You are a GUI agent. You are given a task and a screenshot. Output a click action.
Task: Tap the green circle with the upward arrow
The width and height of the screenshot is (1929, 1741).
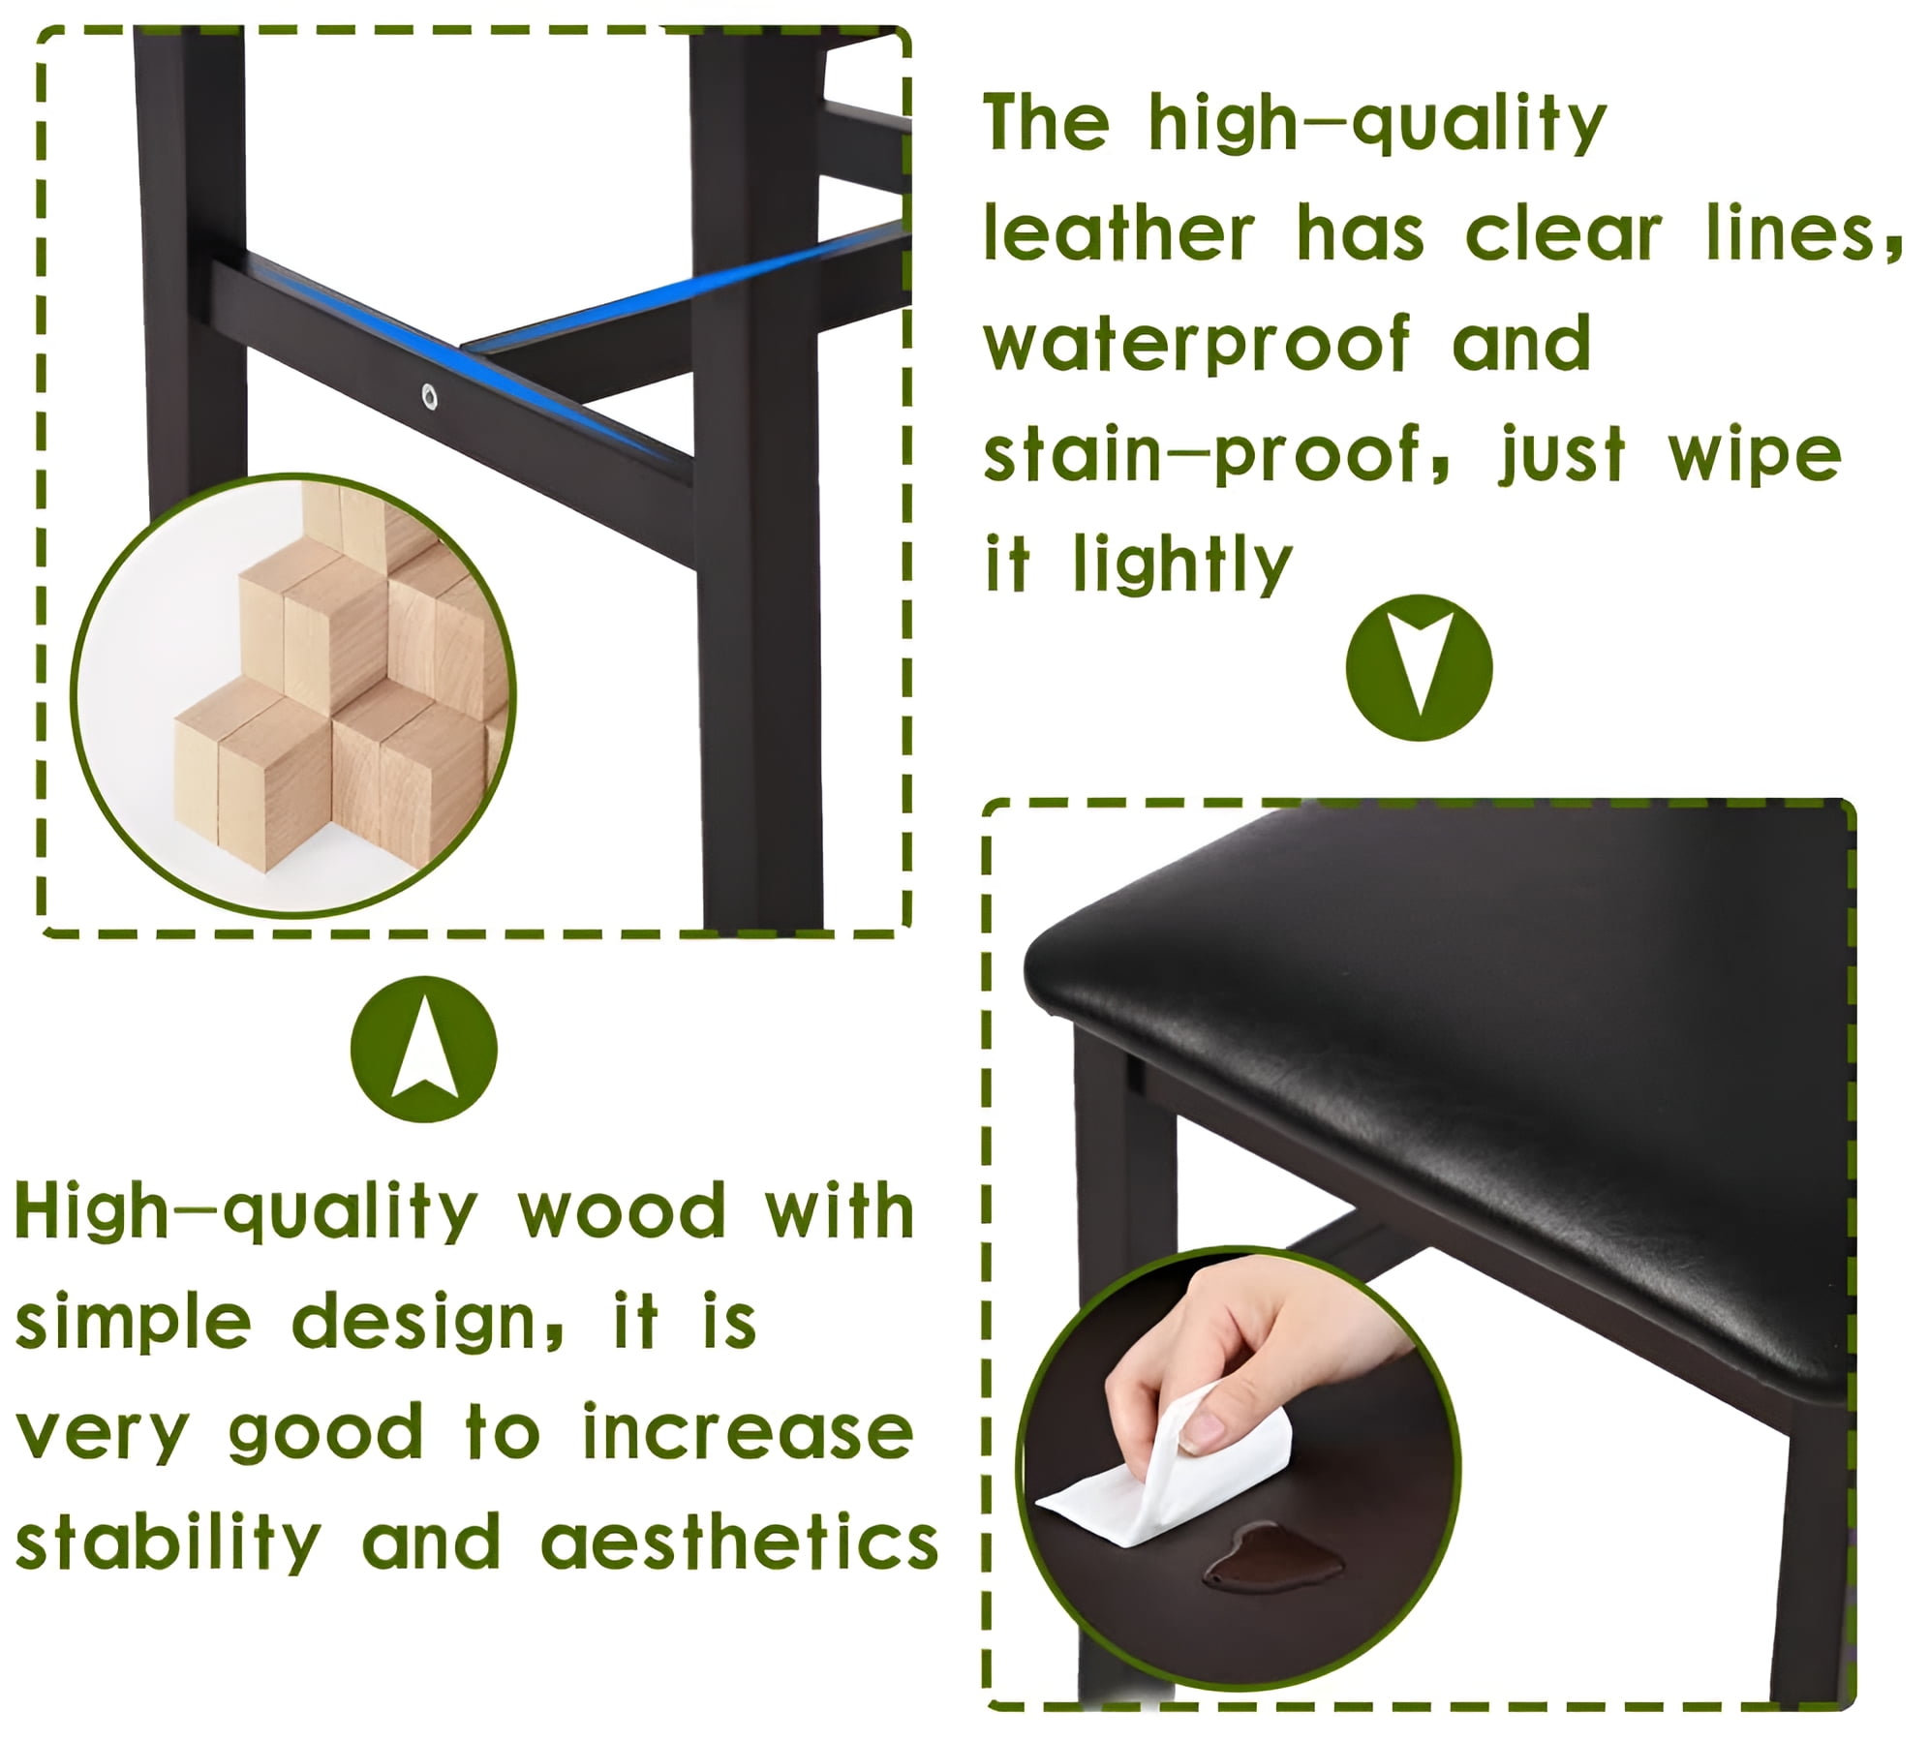click(x=423, y=1050)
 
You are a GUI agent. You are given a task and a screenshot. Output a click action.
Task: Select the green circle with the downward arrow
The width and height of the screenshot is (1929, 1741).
click(x=1419, y=668)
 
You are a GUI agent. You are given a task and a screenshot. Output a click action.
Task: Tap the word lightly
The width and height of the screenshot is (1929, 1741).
click(x=1183, y=565)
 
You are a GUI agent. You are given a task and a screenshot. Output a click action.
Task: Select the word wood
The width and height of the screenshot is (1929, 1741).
click(x=622, y=1210)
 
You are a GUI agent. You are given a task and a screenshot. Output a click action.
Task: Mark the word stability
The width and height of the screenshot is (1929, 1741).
click(x=168, y=1544)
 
